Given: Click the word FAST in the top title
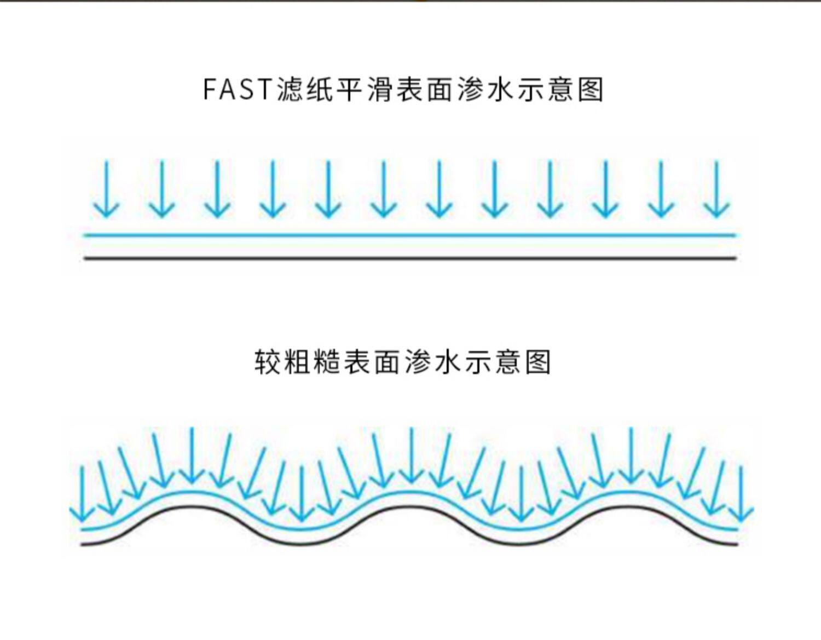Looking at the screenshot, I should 238,89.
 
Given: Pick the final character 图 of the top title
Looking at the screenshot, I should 590,89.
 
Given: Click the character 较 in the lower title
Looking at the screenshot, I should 269,362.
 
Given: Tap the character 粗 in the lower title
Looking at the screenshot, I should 299,362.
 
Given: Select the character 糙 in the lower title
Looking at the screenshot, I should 328,362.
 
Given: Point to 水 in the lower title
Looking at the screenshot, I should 448,362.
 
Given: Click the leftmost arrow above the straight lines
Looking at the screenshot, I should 106,189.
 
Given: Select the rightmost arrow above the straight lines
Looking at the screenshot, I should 716,189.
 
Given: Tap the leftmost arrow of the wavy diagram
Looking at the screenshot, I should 83,493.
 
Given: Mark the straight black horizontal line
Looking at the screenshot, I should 409,258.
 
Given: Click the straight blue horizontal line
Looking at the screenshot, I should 409,235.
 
